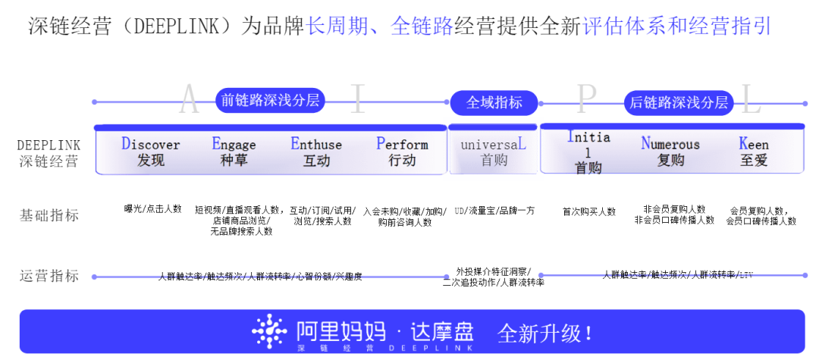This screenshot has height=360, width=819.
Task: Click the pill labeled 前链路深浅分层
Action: click(x=269, y=101)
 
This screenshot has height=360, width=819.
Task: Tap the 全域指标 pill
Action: click(x=494, y=102)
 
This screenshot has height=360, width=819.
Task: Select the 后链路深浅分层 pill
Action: click(x=678, y=102)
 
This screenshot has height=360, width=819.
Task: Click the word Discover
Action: click(x=151, y=144)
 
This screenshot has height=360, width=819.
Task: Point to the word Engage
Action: click(x=234, y=144)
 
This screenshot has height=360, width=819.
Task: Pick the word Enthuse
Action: click(x=316, y=144)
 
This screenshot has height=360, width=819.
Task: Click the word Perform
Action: click(x=402, y=144)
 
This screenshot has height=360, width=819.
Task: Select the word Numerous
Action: click(x=670, y=144)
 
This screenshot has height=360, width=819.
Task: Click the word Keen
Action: click(x=754, y=144)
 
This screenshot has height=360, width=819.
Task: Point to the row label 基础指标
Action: click(x=49, y=215)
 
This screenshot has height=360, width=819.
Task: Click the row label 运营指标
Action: click(x=49, y=276)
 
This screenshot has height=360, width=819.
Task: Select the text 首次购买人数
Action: click(x=589, y=211)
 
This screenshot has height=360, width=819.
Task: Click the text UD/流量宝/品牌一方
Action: click(x=494, y=211)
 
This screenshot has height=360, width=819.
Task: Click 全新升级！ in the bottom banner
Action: click(x=545, y=333)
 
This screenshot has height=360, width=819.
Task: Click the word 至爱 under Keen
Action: click(x=754, y=161)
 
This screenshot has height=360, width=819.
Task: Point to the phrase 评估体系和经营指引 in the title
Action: click(x=677, y=27)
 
